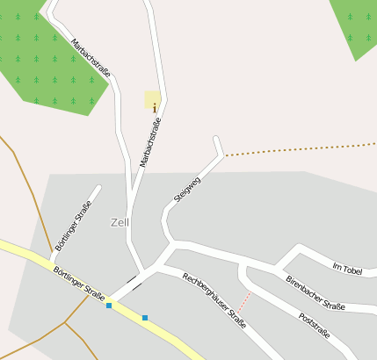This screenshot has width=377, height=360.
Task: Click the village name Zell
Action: [120, 222]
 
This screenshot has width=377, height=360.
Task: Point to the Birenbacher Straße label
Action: [315, 292]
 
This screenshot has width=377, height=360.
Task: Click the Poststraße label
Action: [314, 325]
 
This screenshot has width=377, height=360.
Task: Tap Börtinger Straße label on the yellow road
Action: [78, 284]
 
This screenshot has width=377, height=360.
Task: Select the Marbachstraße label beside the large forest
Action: [91, 58]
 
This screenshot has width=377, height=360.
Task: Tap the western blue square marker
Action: [109, 306]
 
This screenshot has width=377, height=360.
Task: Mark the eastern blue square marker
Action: [144, 317]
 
